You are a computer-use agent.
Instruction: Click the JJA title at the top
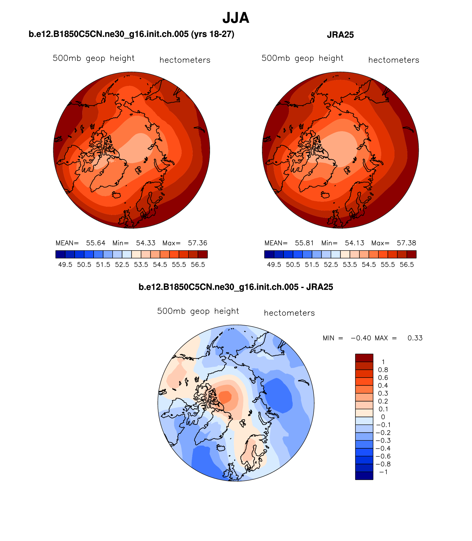(236, 18)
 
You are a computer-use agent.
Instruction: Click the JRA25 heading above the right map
(340, 35)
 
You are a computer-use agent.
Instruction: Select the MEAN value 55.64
(96, 243)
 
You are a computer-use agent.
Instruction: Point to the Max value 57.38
(406, 243)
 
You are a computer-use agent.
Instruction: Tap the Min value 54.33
(145, 243)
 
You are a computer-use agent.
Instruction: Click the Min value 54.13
(354, 243)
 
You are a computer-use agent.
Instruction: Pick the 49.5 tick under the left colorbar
(65, 265)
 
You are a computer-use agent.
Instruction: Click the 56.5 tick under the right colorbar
(407, 265)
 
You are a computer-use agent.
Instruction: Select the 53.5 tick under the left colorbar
(141, 265)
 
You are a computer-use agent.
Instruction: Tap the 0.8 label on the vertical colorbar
(383, 370)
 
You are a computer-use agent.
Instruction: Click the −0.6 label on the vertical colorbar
(383, 456)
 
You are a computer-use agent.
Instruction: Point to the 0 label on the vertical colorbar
(383, 417)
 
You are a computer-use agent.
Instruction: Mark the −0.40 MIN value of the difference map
(361, 338)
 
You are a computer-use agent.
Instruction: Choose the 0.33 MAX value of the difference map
(415, 338)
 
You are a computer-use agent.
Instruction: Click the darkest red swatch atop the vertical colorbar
(364, 358)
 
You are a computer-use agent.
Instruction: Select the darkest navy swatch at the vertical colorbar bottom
(364, 476)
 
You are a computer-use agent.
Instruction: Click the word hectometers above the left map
(185, 60)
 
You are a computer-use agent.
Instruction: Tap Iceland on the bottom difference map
(221, 448)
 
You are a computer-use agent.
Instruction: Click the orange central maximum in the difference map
(226, 397)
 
